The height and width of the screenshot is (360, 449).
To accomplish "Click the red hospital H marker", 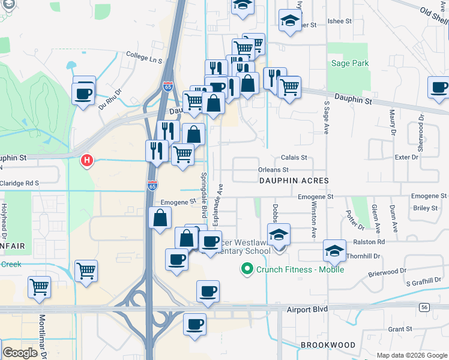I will point(87,160).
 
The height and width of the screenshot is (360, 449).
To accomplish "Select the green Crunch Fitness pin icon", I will point(246,269).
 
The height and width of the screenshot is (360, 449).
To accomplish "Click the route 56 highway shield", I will point(424,307).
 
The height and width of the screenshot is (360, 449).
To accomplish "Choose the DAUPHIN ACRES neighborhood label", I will point(294,180).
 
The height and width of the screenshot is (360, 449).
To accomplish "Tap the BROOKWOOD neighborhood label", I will point(328,345).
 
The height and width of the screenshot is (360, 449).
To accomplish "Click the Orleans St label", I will point(277,170).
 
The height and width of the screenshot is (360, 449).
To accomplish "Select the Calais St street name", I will point(294,157).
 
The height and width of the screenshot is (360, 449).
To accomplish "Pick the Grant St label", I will point(399,329).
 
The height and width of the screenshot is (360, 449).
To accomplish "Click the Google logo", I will point(20,353).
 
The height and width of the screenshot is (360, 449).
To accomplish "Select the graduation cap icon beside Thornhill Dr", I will point(334,250).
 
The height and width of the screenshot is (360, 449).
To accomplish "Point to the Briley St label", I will point(426,208).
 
